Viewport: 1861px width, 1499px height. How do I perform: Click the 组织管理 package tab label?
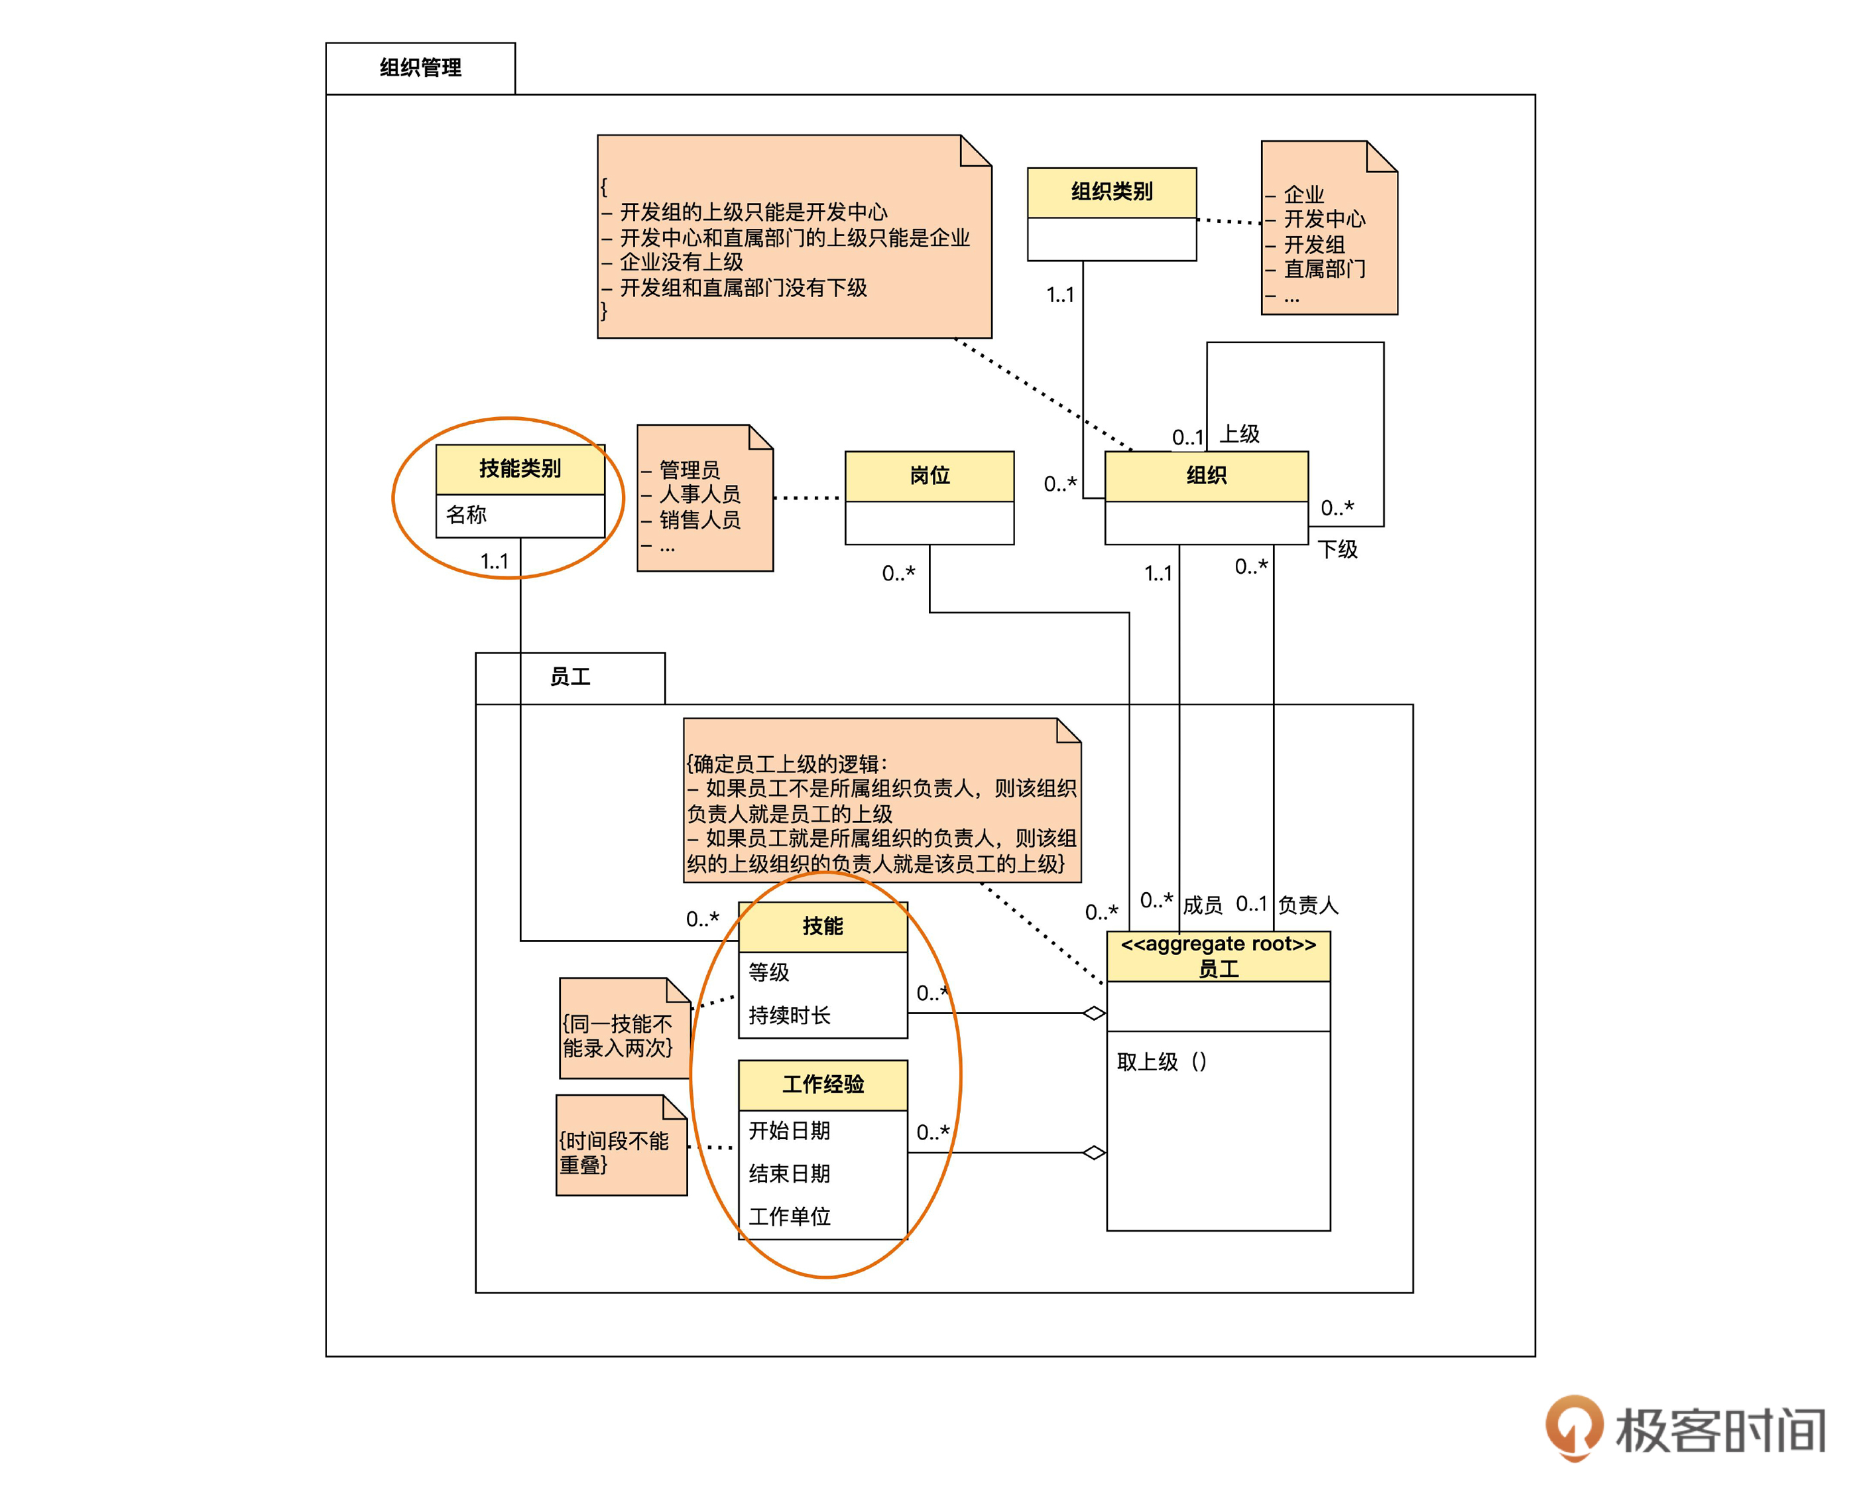[x=420, y=68]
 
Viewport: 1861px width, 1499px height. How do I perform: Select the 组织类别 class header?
[x=1112, y=192]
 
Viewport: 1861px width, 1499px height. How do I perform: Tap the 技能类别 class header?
[x=520, y=469]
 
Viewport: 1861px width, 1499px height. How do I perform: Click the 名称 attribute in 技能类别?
[x=466, y=515]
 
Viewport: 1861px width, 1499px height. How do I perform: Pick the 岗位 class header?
[x=930, y=476]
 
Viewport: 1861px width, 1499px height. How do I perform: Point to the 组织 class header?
[x=1206, y=476]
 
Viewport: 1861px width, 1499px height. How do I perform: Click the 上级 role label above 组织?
[x=1240, y=434]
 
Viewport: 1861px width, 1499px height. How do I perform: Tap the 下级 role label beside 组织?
[x=1337, y=549]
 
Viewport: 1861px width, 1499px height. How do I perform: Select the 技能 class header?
[x=823, y=927]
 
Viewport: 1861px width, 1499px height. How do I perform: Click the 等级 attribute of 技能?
[x=768, y=972]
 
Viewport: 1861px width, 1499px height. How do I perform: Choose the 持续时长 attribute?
[x=789, y=1015]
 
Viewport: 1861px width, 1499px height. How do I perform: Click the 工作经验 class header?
[x=823, y=1084]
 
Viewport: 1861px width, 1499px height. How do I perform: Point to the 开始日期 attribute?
[x=789, y=1130]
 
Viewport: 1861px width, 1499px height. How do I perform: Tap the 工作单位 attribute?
[x=789, y=1216]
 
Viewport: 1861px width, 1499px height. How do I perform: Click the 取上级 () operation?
[x=1161, y=1061]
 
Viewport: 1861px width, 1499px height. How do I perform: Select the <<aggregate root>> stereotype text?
[x=1218, y=944]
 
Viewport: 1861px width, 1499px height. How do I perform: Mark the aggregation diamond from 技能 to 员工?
[x=1095, y=1013]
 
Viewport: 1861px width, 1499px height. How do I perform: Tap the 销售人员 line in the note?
[x=699, y=520]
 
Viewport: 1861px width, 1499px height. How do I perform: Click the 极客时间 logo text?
[x=1719, y=1431]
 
